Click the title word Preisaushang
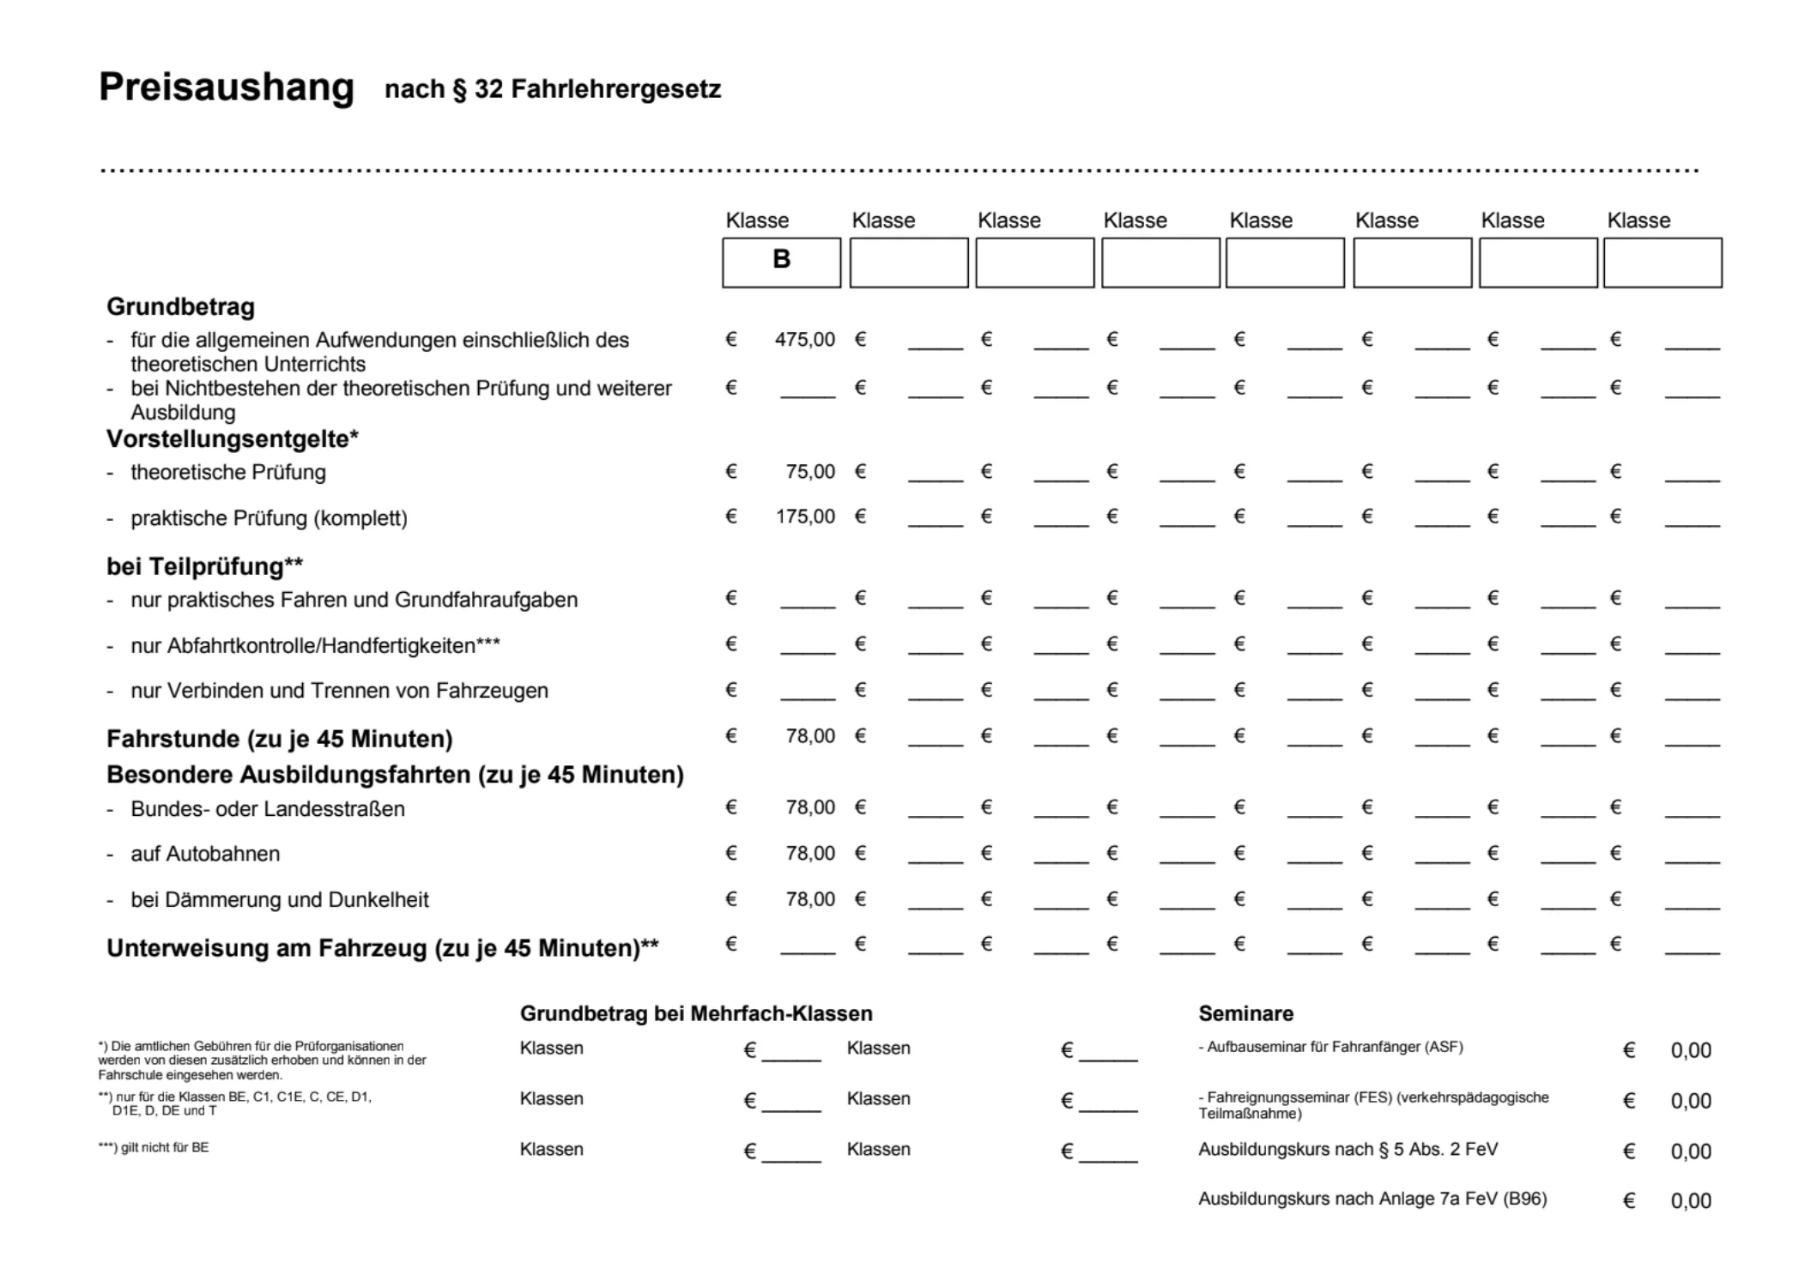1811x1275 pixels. [x=226, y=88]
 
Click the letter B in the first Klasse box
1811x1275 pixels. [x=781, y=259]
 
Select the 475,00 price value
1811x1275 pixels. [x=804, y=340]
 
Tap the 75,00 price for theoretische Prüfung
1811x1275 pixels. [x=810, y=472]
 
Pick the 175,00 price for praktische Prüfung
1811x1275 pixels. [x=805, y=517]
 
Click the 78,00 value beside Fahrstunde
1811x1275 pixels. [x=810, y=736]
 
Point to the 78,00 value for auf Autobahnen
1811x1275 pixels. [x=810, y=854]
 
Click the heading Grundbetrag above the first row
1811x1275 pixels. [x=180, y=307]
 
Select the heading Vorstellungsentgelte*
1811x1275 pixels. [x=232, y=439]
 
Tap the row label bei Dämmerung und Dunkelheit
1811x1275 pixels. [x=279, y=900]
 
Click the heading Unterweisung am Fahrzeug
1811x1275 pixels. [x=382, y=948]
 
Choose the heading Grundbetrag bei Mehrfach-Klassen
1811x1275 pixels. [x=695, y=1014]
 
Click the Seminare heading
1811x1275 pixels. [x=1245, y=1014]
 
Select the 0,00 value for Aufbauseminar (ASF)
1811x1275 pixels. [x=1690, y=1051]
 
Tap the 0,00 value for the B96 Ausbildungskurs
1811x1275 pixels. [x=1690, y=1201]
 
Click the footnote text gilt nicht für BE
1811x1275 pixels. [x=164, y=1148]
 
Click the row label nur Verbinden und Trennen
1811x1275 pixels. [x=339, y=691]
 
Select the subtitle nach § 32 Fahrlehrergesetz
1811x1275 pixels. [x=553, y=89]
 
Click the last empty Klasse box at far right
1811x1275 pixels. [x=1662, y=263]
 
